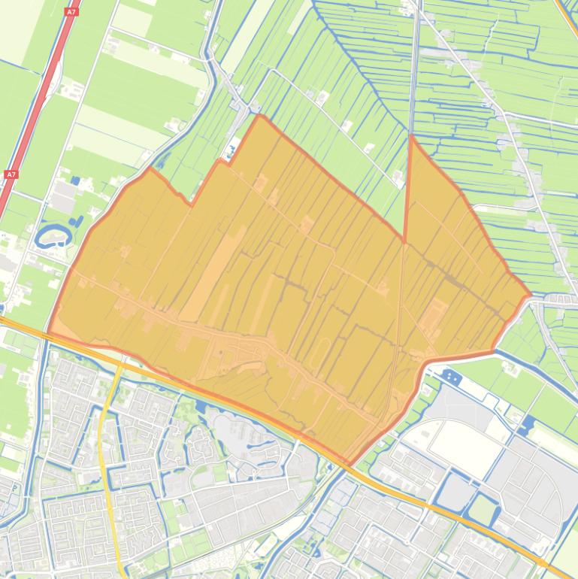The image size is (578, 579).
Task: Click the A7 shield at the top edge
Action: [x=71, y=11]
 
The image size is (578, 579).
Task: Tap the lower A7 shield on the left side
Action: [x=11, y=174]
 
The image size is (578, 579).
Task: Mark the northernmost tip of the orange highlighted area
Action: [x=259, y=115]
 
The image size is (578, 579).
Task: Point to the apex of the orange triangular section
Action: [x=412, y=137]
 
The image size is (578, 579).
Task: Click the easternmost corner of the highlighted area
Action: [x=530, y=296]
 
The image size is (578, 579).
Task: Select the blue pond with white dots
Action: [x=450, y=375]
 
